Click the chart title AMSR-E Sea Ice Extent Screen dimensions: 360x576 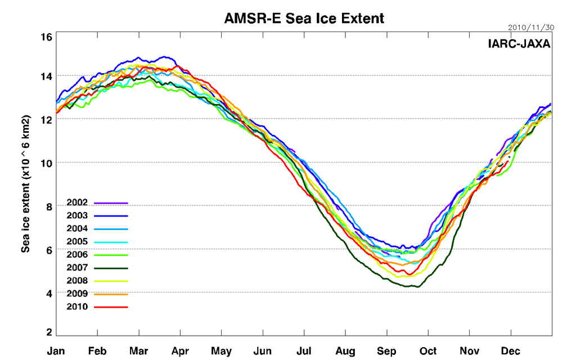pos(304,18)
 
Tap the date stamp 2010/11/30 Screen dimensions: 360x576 pos(530,26)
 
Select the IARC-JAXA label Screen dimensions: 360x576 pos(519,43)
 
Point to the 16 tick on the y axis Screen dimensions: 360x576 pos(46,37)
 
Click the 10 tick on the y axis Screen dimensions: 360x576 pos(46,163)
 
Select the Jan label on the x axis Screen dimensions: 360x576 pos(56,352)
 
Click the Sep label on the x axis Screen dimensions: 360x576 pos(386,352)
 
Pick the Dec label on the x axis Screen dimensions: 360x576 pos(510,352)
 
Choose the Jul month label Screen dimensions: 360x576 pos(304,352)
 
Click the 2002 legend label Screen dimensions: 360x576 pos(76,202)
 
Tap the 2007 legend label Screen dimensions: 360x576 pos(76,268)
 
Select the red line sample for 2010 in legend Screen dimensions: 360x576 pos(111,307)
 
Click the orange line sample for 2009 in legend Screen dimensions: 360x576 pos(111,294)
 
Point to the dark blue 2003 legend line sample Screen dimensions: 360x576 pos(111,216)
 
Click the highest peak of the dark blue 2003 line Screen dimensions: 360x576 pos(164,57)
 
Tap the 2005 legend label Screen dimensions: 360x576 pos(76,242)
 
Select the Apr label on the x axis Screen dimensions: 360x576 pos(180,352)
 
